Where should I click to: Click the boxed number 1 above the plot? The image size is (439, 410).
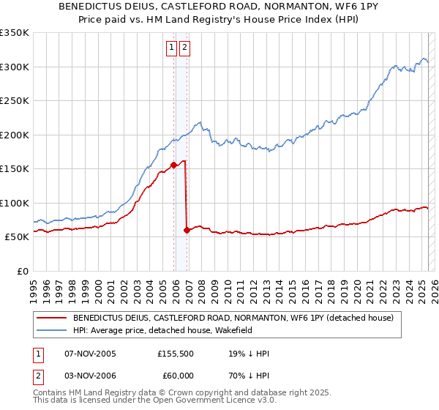(171, 48)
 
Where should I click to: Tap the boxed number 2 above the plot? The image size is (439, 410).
(184, 48)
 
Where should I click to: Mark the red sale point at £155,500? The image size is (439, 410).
(173, 165)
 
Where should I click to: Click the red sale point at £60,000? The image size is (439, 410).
(187, 230)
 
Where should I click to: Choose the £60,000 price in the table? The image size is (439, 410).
(176, 375)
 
